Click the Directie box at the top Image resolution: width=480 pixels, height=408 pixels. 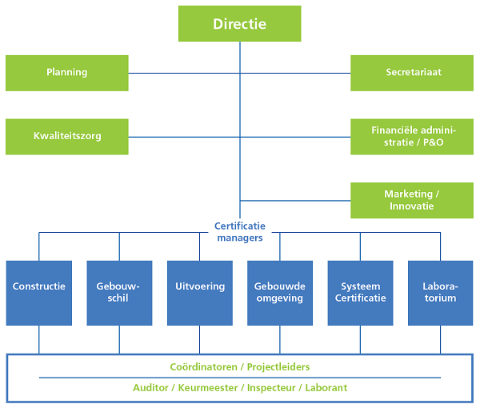click(x=239, y=23)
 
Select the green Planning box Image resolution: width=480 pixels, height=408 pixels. click(x=67, y=73)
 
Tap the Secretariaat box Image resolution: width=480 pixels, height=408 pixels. click(x=413, y=73)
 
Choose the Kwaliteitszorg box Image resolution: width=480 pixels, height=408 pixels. click(x=67, y=136)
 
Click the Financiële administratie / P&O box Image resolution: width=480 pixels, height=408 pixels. click(x=413, y=136)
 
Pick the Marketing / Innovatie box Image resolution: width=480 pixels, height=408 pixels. click(x=413, y=200)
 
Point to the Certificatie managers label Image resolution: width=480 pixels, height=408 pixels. click(x=239, y=231)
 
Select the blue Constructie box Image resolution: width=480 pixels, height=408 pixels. click(x=39, y=293)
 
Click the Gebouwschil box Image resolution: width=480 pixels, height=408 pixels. click(x=119, y=293)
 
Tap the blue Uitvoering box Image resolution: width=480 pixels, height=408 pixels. click(x=199, y=293)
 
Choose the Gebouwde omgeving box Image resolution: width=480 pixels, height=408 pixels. click(x=279, y=293)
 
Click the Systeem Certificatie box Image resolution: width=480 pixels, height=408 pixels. click(x=360, y=293)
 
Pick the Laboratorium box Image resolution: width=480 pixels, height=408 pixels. click(x=440, y=293)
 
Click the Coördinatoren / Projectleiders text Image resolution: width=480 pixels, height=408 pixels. click(x=239, y=367)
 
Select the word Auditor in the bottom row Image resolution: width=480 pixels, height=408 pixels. click(x=151, y=388)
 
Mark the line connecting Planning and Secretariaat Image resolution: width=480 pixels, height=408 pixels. click(x=184, y=73)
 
